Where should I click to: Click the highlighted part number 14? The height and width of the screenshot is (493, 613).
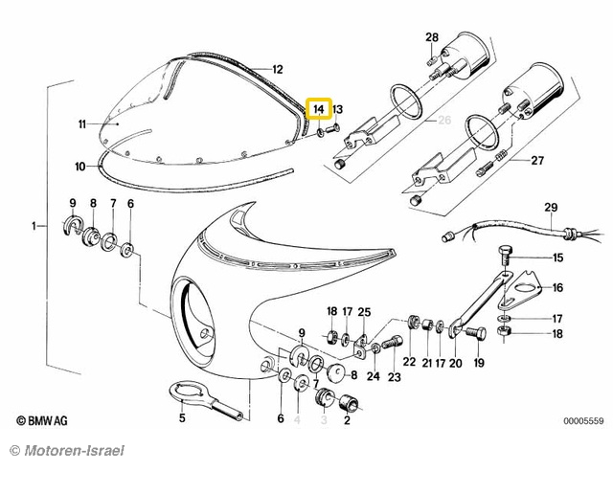pos(319,108)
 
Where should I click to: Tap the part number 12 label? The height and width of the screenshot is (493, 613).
pos(277,70)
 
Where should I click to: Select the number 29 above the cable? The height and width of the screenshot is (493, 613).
pos(551,207)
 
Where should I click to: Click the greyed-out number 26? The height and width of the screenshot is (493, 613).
pos(444,120)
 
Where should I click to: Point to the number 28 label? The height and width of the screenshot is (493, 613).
pos(432,37)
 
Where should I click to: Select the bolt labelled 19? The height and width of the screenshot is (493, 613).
pos(476,333)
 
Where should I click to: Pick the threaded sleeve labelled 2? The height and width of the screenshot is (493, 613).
pos(349,403)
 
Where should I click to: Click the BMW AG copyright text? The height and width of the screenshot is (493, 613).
pos(42,421)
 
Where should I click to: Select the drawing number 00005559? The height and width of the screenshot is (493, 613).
pos(583,421)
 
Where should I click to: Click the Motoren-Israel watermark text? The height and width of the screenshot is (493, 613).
pos(67,451)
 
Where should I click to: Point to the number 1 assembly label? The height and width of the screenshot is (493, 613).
pos(34,226)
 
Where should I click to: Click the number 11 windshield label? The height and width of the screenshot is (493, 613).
pos(82,124)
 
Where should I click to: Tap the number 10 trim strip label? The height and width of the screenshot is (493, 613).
pos(80,167)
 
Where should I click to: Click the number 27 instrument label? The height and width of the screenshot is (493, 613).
pos(537,161)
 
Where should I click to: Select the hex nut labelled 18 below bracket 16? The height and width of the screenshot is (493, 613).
pos(502,332)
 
